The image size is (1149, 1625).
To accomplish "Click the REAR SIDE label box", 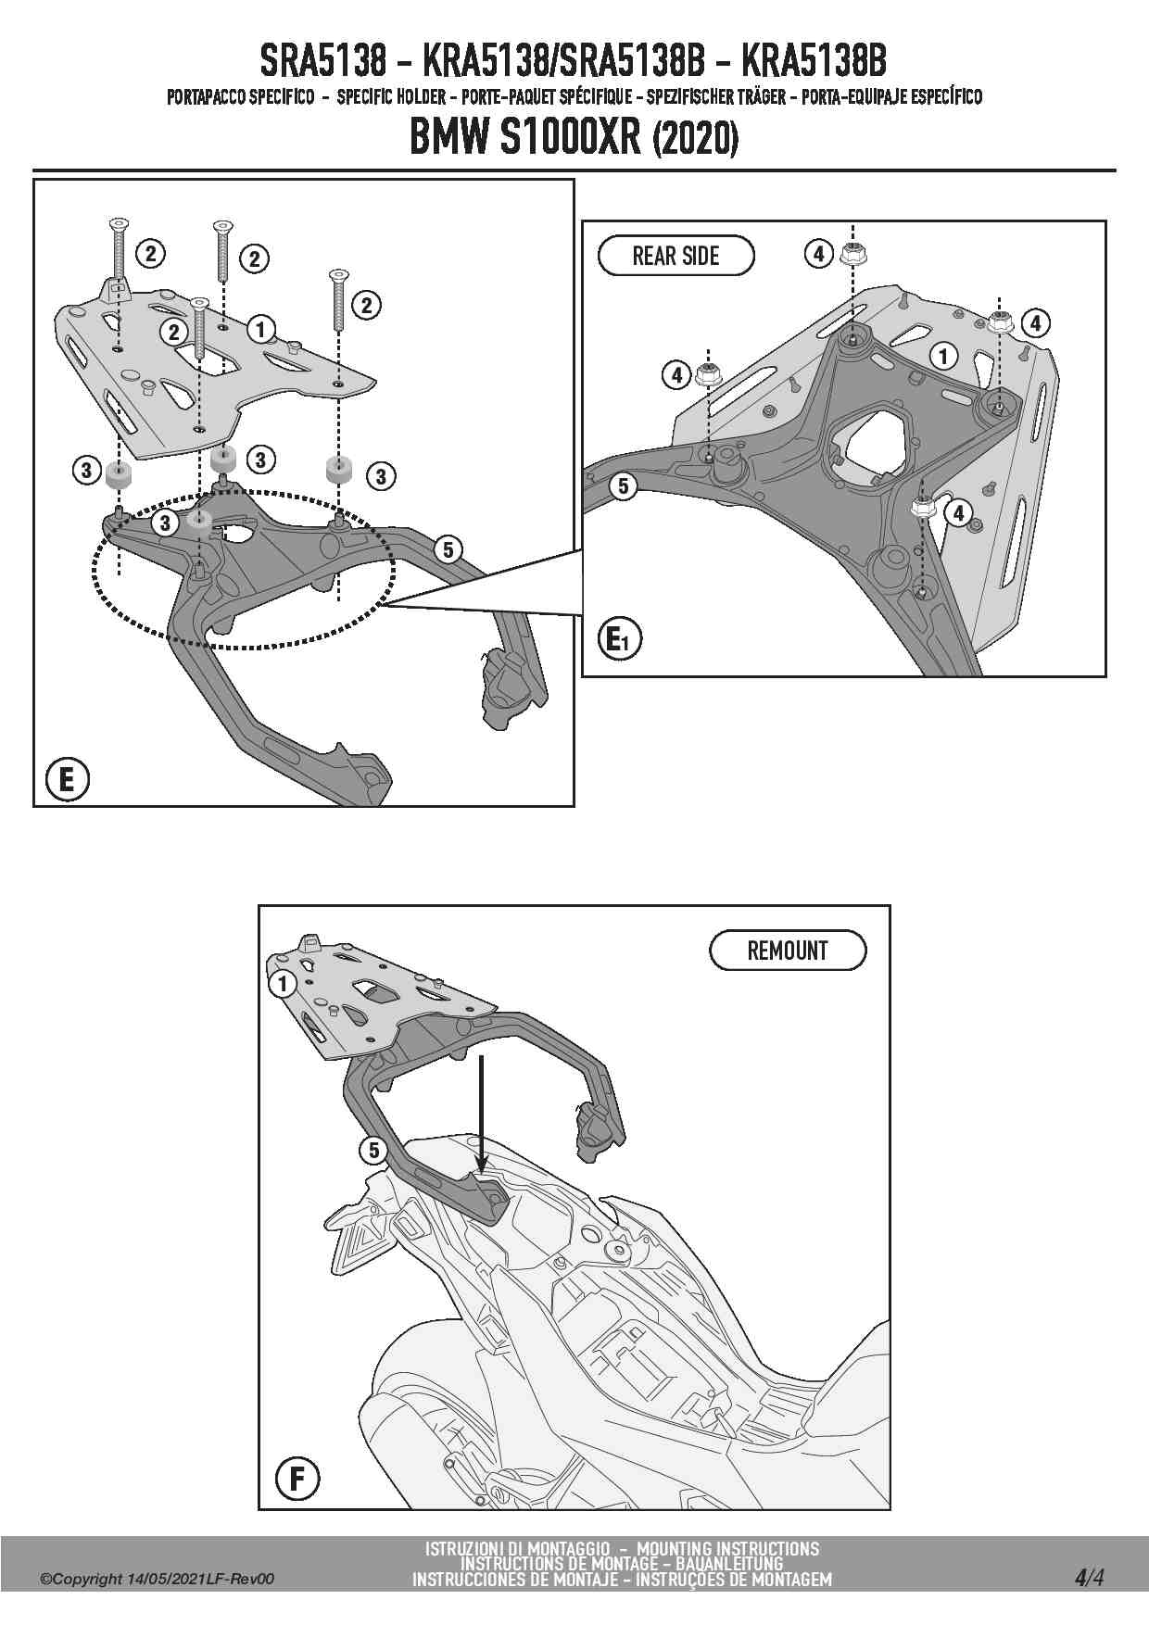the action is [x=676, y=256].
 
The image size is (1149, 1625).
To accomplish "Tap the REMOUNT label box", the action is [x=788, y=951].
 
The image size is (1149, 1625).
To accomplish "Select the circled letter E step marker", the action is [x=66, y=779].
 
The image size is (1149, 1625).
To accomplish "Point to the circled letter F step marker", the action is [x=297, y=1478].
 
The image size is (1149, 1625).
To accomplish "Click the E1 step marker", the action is [x=619, y=639].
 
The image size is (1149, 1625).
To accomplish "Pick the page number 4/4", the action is [x=1089, y=1577].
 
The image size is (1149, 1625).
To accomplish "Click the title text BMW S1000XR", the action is [x=524, y=140].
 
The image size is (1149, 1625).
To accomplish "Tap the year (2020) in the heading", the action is [x=696, y=141].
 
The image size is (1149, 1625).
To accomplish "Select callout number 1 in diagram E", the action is [x=261, y=328].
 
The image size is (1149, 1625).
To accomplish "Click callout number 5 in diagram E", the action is [x=448, y=549].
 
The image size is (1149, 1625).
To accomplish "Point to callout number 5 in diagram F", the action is [x=373, y=1151].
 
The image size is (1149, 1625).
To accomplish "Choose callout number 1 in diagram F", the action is [x=283, y=984].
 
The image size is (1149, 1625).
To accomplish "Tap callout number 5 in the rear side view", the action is [x=623, y=485].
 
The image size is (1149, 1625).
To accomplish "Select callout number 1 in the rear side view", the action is [x=943, y=355].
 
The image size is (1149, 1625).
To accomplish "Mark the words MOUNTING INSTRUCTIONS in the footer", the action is [x=728, y=1548].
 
